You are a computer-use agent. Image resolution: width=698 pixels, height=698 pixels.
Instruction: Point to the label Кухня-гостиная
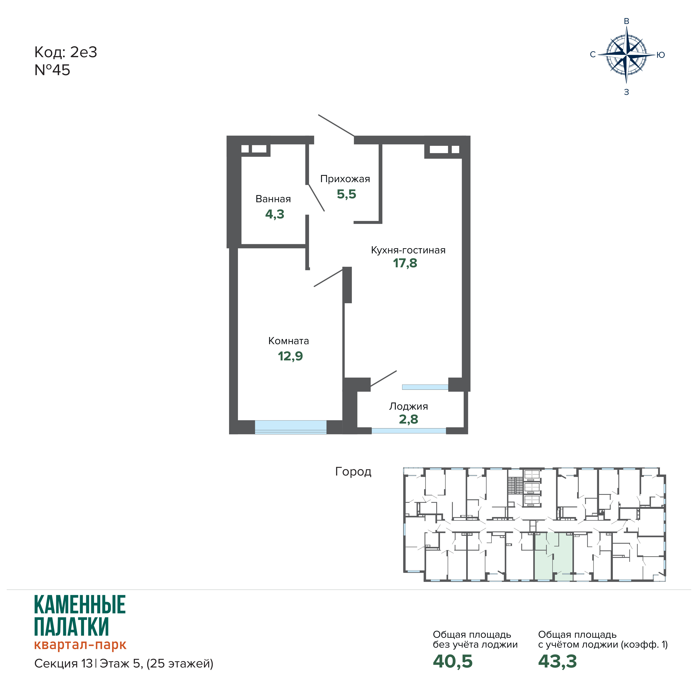408,250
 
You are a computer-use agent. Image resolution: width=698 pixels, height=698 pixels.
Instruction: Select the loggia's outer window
409,431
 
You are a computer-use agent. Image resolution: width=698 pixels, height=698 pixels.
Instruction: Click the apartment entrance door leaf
336,125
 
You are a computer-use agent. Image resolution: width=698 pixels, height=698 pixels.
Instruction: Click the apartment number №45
52,70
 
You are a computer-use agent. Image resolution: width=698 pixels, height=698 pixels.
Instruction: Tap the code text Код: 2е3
66,52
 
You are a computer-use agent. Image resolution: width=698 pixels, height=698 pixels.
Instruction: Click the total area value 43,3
557,661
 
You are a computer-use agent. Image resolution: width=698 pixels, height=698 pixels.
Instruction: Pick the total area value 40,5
453,661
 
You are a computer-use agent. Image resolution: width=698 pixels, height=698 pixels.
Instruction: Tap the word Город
353,471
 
